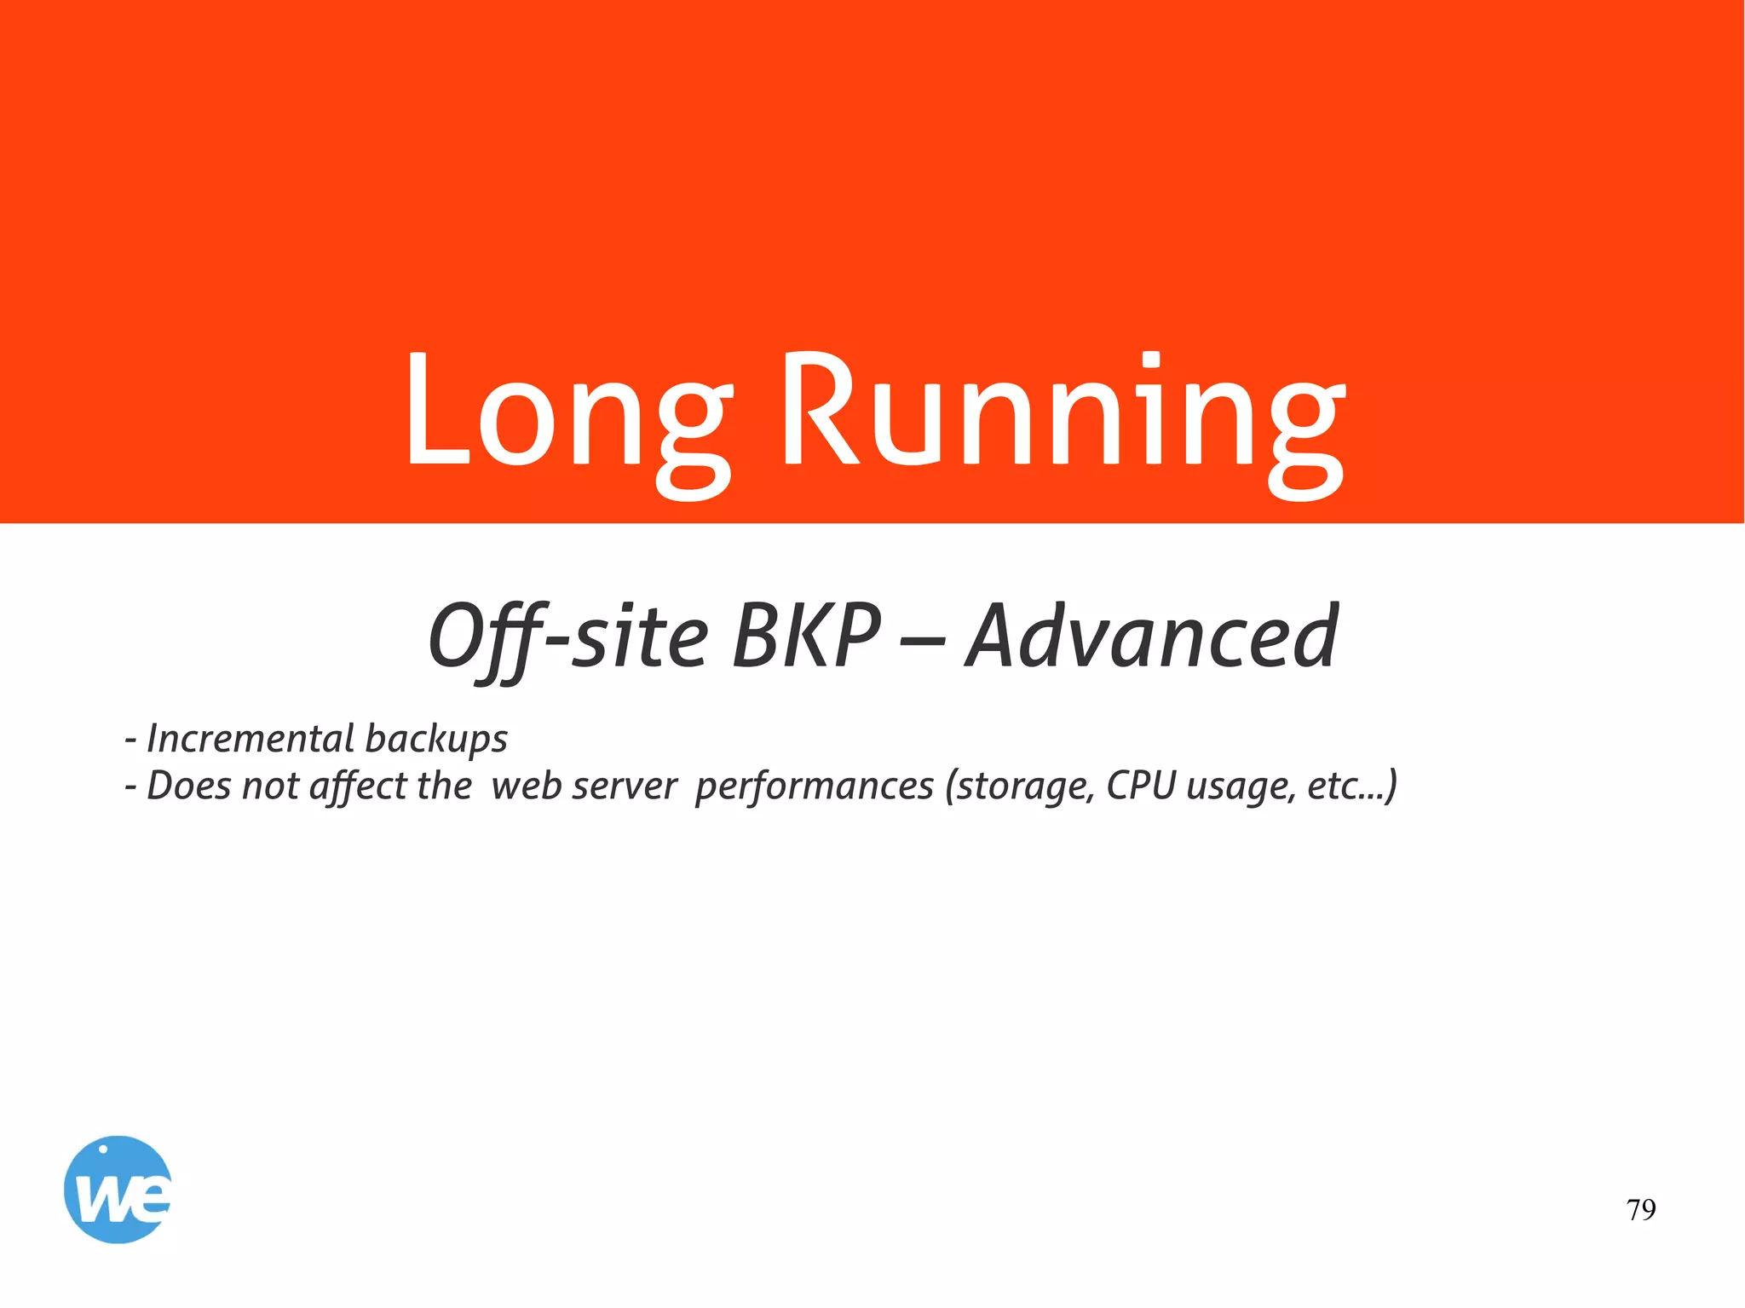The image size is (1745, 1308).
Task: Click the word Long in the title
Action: coord(567,413)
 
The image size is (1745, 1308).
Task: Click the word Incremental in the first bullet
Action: coord(251,738)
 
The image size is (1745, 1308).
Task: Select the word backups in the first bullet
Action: coord(436,740)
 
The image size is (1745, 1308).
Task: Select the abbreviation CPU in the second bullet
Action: coord(1141,786)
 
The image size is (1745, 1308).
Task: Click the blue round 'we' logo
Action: coord(118,1190)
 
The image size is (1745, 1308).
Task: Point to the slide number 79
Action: coord(1640,1210)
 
